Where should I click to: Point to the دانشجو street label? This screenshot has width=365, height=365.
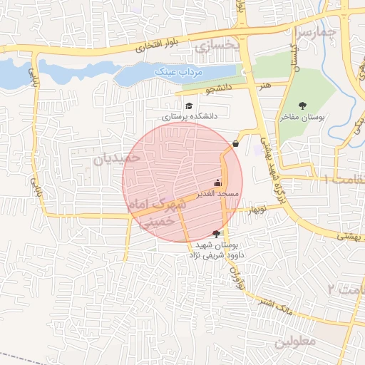[x=219, y=90]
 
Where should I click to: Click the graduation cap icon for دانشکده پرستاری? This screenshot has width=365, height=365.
[x=188, y=106]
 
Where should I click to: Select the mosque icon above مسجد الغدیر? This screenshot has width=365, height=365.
[x=217, y=182]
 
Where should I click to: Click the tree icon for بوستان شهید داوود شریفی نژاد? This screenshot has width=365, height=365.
[x=216, y=234]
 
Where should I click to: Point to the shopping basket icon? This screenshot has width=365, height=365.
[x=235, y=144]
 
